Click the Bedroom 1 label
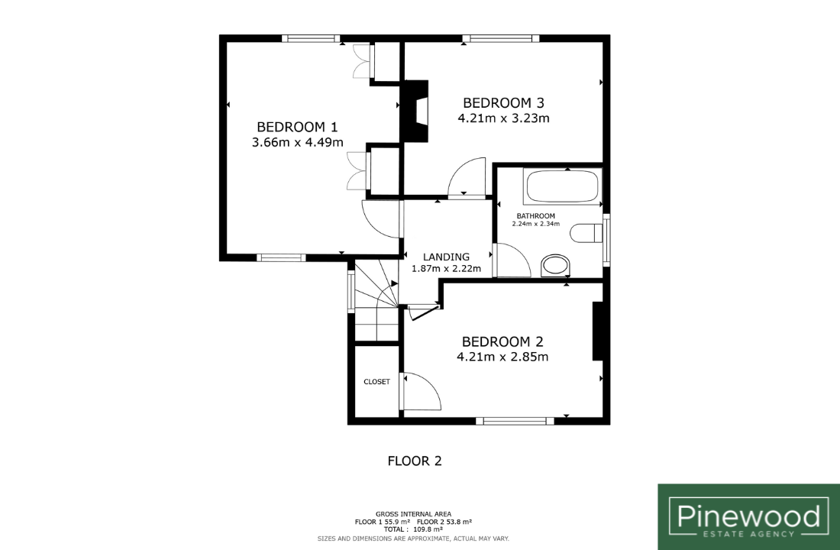point(297,127)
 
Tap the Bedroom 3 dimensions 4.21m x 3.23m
point(503,118)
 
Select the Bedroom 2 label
point(502,341)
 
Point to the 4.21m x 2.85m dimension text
point(502,357)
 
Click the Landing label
point(446,257)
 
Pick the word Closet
point(377,382)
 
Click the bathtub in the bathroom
point(562,186)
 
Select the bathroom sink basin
point(555,265)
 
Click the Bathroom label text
point(536,216)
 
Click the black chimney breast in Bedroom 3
point(415,111)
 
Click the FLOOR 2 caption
point(415,461)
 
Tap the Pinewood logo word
point(748,516)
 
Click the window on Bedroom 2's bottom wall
point(514,421)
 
